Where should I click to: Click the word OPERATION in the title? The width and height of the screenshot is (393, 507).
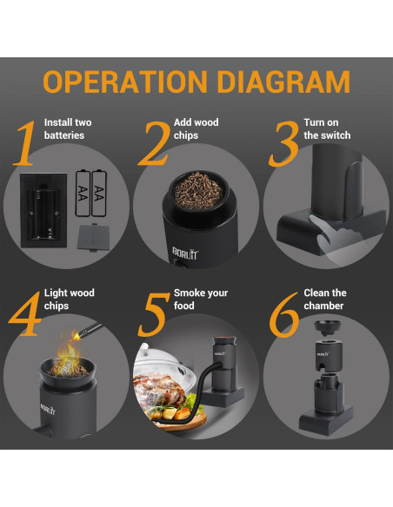tap(125, 82)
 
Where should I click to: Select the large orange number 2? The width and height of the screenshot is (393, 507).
tap(155, 143)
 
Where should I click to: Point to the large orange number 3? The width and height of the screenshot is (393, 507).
tap(284, 144)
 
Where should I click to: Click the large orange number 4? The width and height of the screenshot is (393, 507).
tap(25, 313)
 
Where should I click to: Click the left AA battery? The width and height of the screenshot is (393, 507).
tap(83, 194)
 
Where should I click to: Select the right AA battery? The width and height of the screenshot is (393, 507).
tap(99, 193)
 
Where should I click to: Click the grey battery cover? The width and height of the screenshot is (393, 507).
tap(94, 237)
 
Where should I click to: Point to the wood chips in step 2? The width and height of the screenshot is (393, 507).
tap(198, 191)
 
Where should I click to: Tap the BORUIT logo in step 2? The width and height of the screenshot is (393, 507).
tap(185, 253)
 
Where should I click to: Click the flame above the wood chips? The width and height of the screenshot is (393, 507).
tap(69, 351)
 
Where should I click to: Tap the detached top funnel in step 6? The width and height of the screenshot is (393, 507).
tap(327, 328)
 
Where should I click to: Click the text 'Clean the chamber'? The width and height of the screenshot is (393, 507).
tap(325, 300)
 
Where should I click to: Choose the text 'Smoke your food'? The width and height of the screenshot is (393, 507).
tap(201, 300)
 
